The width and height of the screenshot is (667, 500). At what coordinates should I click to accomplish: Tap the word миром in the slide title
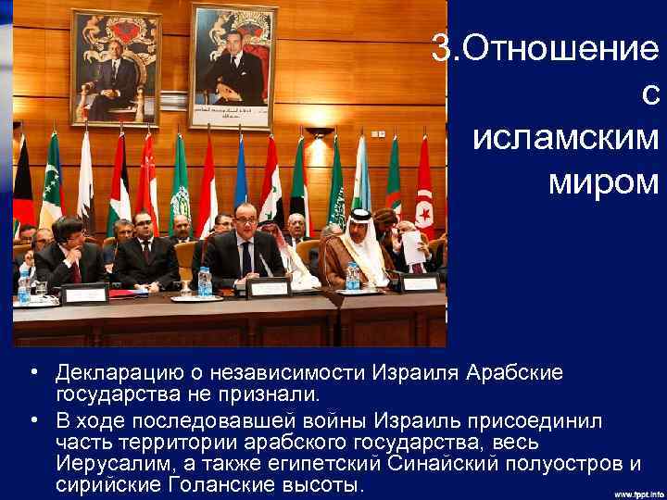click(x=603, y=182)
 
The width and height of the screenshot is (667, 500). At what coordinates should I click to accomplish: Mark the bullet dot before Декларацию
click(x=32, y=373)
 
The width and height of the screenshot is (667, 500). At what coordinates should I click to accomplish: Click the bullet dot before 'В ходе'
click(x=32, y=419)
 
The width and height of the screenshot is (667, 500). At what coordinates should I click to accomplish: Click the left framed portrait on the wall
click(x=115, y=67)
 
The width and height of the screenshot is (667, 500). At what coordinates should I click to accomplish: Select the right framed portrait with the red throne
click(x=233, y=67)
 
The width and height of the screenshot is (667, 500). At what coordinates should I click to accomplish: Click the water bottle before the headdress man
click(x=352, y=276)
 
